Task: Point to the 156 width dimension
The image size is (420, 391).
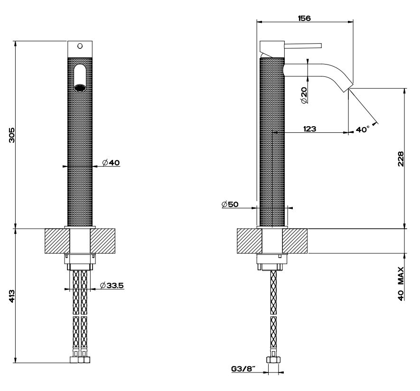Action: click(x=304, y=18)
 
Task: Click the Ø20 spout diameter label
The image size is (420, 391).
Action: click(x=304, y=95)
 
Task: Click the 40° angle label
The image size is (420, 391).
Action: click(x=363, y=129)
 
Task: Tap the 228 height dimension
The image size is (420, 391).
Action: click(x=401, y=159)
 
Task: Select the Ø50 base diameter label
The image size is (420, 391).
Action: click(x=230, y=205)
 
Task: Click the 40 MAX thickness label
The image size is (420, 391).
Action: click(x=401, y=284)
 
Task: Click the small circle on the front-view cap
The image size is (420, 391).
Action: click(x=80, y=46)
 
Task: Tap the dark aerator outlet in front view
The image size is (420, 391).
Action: click(x=80, y=87)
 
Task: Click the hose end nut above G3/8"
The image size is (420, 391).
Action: click(x=272, y=360)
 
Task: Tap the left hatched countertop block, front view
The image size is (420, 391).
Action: click(x=57, y=242)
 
